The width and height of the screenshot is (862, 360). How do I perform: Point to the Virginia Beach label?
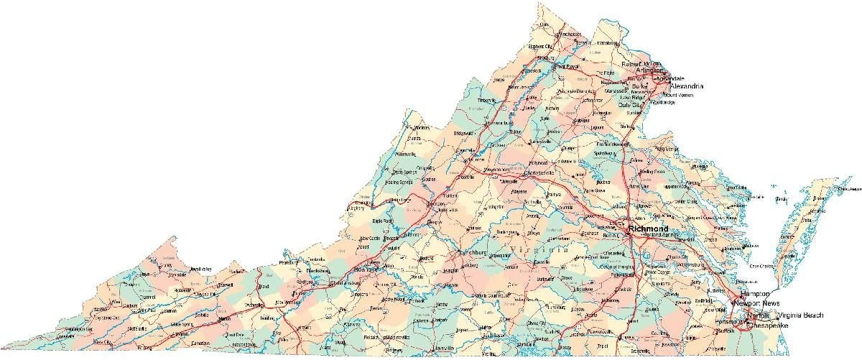(800, 315)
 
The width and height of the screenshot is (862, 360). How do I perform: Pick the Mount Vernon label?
(679, 95)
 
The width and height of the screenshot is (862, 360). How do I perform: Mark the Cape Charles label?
(763, 266)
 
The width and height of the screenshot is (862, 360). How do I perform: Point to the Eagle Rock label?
(383, 221)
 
